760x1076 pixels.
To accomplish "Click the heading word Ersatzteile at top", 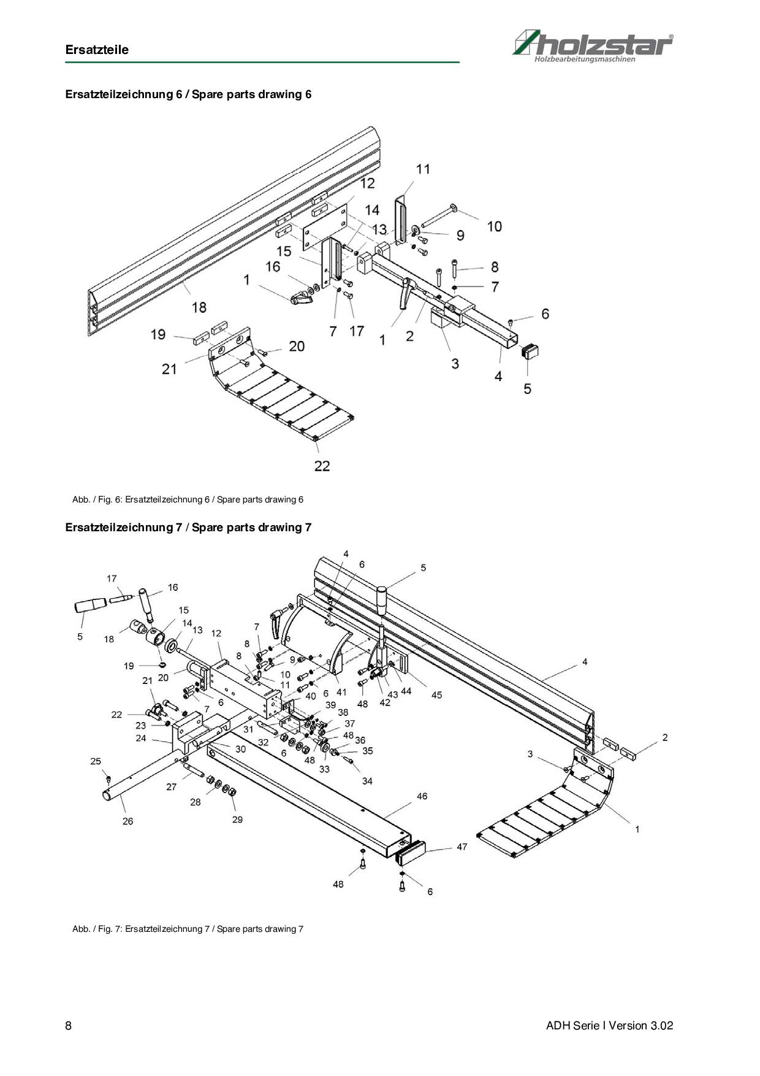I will click(x=97, y=50).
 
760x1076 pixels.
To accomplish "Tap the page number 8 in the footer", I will click(x=69, y=1026).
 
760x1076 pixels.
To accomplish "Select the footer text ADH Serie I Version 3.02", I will click(x=609, y=1026).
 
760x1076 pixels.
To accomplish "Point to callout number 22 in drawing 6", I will click(x=322, y=466).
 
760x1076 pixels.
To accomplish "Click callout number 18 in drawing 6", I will click(x=199, y=307).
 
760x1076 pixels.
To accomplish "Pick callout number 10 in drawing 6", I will click(x=494, y=226).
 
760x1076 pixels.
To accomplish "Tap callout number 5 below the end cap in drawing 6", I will click(x=527, y=389).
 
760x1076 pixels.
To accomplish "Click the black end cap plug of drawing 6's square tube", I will click(x=530, y=352).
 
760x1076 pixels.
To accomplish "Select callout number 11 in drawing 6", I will click(x=423, y=169).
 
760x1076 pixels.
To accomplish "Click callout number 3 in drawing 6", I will click(x=455, y=364).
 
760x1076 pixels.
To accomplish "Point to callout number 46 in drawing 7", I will click(x=422, y=796).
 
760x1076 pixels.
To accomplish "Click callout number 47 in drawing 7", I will click(x=462, y=847).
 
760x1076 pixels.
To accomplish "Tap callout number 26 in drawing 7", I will click(x=127, y=821).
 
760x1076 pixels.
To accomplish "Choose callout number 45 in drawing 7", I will click(x=436, y=695).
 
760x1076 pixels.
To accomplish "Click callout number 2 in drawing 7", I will click(x=664, y=737).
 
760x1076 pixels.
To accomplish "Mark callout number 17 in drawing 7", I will click(x=112, y=578).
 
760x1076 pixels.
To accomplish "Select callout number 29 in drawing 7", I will click(x=237, y=820).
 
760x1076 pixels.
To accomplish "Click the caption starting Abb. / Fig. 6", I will click(x=188, y=499).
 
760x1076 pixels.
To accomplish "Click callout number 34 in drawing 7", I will click(x=367, y=781).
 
